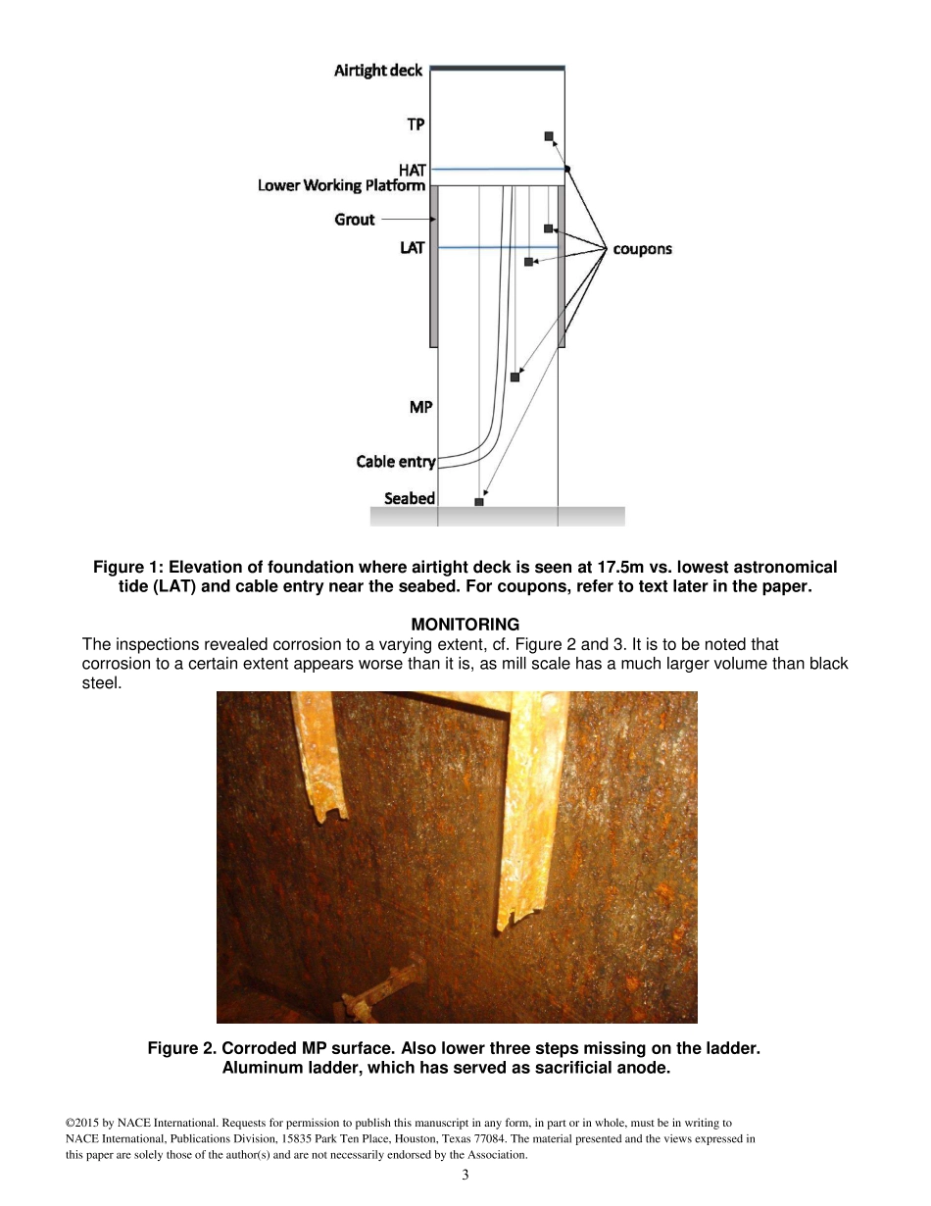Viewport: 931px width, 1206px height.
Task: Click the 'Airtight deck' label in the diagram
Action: [x=378, y=71]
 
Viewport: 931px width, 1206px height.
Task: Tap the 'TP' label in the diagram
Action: [x=416, y=125]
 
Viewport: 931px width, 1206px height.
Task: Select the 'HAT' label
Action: [x=412, y=170]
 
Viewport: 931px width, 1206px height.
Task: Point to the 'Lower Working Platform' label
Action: [x=341, y=185]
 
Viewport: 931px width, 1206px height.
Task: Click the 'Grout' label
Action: [x=355, y=220]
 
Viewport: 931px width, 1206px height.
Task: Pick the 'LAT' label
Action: [x=413, y=248]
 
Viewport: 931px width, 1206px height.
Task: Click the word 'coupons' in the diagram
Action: [x=642, y=249]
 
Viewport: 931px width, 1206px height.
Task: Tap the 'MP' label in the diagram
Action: [x=420, y=407]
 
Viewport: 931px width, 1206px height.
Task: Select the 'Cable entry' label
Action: [x=395, y=462]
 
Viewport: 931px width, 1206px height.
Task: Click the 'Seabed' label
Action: [x=410, y=498]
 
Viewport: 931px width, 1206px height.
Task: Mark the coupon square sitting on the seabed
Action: [x=479, y=502]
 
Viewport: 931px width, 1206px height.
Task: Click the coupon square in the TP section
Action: [x=549, y=136]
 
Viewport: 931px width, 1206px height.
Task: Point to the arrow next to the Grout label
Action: [x=405, y=220]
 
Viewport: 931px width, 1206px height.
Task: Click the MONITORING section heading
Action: [x=465, y=625]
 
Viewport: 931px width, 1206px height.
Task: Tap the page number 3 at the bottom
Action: [x=465, y=1176]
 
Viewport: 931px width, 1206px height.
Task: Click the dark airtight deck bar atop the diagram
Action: [x=498, y=68]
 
